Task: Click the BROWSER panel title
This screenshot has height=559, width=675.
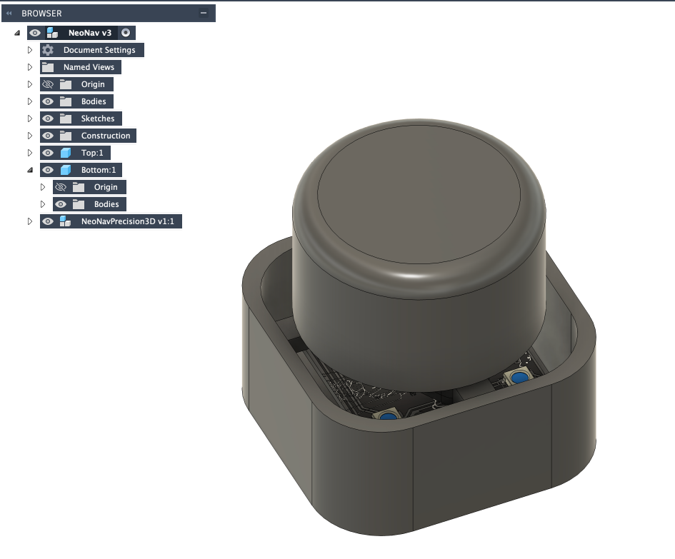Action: point(41,14)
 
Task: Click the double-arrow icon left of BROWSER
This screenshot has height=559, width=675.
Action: point(9,14)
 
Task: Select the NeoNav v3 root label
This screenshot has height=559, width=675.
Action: point(89,33)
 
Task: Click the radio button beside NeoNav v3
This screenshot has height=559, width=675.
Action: point(126,33)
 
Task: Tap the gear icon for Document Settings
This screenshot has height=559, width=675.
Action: point(48,50)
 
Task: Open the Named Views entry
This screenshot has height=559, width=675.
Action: point(89,67)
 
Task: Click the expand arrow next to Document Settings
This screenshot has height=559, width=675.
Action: point(30,50)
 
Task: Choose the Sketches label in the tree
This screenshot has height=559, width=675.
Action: point(98,119)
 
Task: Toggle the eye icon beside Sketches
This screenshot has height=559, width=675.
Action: point(48,119)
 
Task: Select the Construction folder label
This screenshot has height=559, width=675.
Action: point(106,136)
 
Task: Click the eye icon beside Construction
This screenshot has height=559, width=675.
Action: point(48,136)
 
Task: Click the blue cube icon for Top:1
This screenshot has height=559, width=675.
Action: point(66,153)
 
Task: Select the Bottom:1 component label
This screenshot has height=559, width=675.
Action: point(99,170)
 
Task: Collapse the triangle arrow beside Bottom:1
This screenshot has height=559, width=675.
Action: point(30,170)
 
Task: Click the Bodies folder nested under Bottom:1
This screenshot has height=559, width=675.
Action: point(106,204)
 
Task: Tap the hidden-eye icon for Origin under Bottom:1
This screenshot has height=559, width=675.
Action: point(61,187)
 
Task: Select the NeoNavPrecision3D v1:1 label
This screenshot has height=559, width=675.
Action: point(128,221)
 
